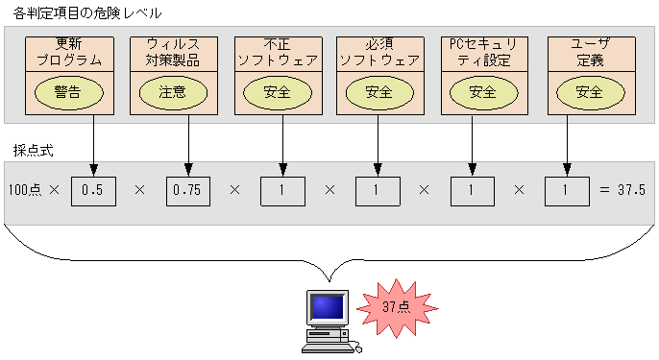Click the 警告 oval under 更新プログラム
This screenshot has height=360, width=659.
[x=69, y=92]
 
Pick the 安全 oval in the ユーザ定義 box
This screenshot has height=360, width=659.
[x=589, y=92]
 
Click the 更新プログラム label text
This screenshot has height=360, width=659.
[x=69, y=52]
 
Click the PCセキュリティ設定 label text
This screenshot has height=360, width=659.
[x=483, y=52]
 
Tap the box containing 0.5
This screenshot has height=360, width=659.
[x=93, y=190]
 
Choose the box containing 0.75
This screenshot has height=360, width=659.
[x=187, y=190]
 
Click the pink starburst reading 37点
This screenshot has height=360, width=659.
[x=397, y=307]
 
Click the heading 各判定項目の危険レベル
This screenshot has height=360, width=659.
[x=87, y=13]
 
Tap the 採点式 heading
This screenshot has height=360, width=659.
[x=33, y=151]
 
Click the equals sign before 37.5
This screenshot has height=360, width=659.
[x=604, y=190]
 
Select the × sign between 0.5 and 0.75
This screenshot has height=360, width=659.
[x=140, y=190]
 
